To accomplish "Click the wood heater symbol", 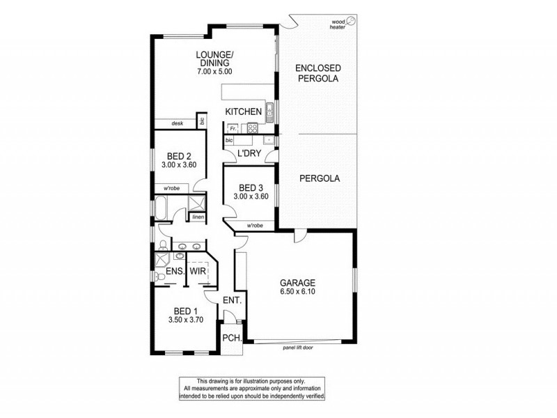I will pos(352,22).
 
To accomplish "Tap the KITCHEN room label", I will pos(243,111).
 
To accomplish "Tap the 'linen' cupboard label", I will pos(198,217).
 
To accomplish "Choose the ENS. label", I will pos(173,272).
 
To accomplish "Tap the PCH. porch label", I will pos(231,338).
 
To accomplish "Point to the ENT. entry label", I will pos(232,301).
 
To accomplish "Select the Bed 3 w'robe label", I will pos(253,226).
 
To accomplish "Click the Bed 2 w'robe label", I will pos(173,189).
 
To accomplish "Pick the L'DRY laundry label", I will pos(249,153).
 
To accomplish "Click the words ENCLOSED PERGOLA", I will pos(317,73).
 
